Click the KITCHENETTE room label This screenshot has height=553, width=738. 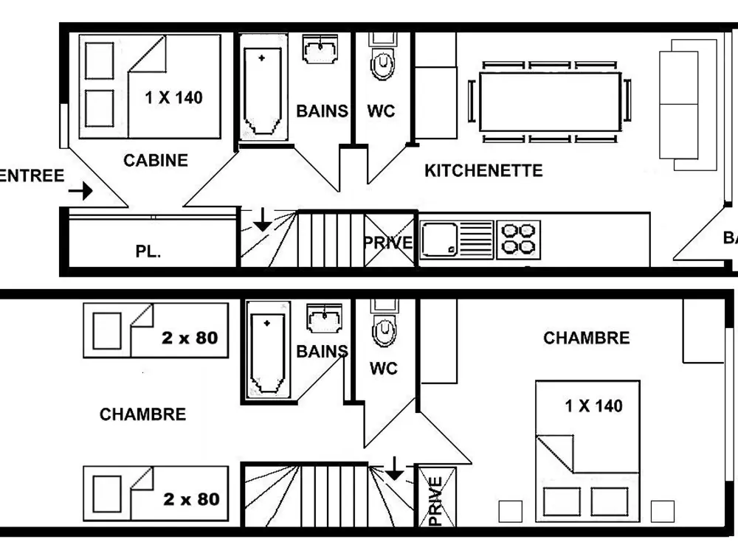[483, 170]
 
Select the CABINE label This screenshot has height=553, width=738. [156, 160]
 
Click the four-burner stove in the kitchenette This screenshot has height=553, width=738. [519, 239]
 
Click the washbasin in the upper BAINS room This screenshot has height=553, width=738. [321, 50]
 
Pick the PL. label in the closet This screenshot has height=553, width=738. [148, 251]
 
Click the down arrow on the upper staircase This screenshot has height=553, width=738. [261, 220]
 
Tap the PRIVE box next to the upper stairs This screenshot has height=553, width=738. [388, 240]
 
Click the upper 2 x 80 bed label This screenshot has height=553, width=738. [190, 338]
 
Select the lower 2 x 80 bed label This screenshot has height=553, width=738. [191, 499]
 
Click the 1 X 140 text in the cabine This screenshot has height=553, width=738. [174, 97]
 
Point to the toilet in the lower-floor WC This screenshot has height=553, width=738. [383, 330]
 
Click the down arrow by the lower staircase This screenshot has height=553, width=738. [395, 467]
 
